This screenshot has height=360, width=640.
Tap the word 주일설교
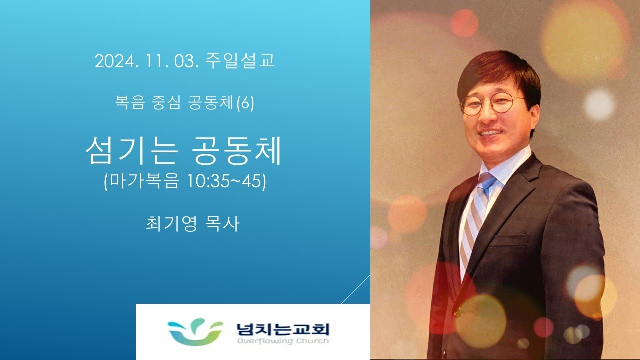(x=240, y=60)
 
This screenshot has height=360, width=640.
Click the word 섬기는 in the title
(x=132, y=151)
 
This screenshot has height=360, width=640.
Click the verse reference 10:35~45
(x=225, y=181)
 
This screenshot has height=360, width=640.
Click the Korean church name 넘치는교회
(x=283, y=329)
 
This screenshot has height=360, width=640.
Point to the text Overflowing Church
(x=283, y=341)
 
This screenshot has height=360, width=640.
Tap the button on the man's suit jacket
(x=457, y=313)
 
